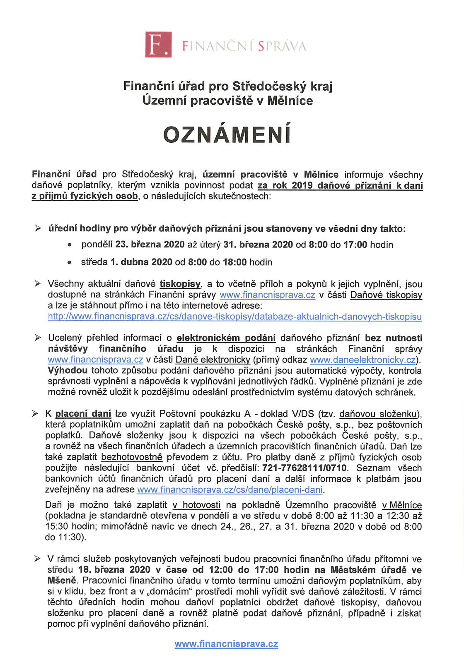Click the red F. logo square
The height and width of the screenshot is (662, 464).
158,44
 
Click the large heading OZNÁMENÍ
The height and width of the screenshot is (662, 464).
227,134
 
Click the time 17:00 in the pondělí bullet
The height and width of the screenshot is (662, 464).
355,245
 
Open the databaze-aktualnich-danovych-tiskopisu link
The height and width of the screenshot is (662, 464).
234,317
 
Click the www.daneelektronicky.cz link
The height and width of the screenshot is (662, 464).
362,360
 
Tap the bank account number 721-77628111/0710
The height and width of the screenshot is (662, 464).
305,468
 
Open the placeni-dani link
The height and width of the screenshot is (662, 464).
230,489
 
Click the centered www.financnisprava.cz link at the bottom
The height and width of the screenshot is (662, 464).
226,644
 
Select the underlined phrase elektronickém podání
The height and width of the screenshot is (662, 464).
226,338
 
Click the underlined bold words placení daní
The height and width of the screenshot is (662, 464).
83,413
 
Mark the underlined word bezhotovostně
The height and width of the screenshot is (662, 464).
132,457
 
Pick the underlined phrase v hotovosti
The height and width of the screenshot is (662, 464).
196,505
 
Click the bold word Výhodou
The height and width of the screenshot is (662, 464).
68,370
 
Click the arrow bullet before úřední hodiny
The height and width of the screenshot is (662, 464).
38,228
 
